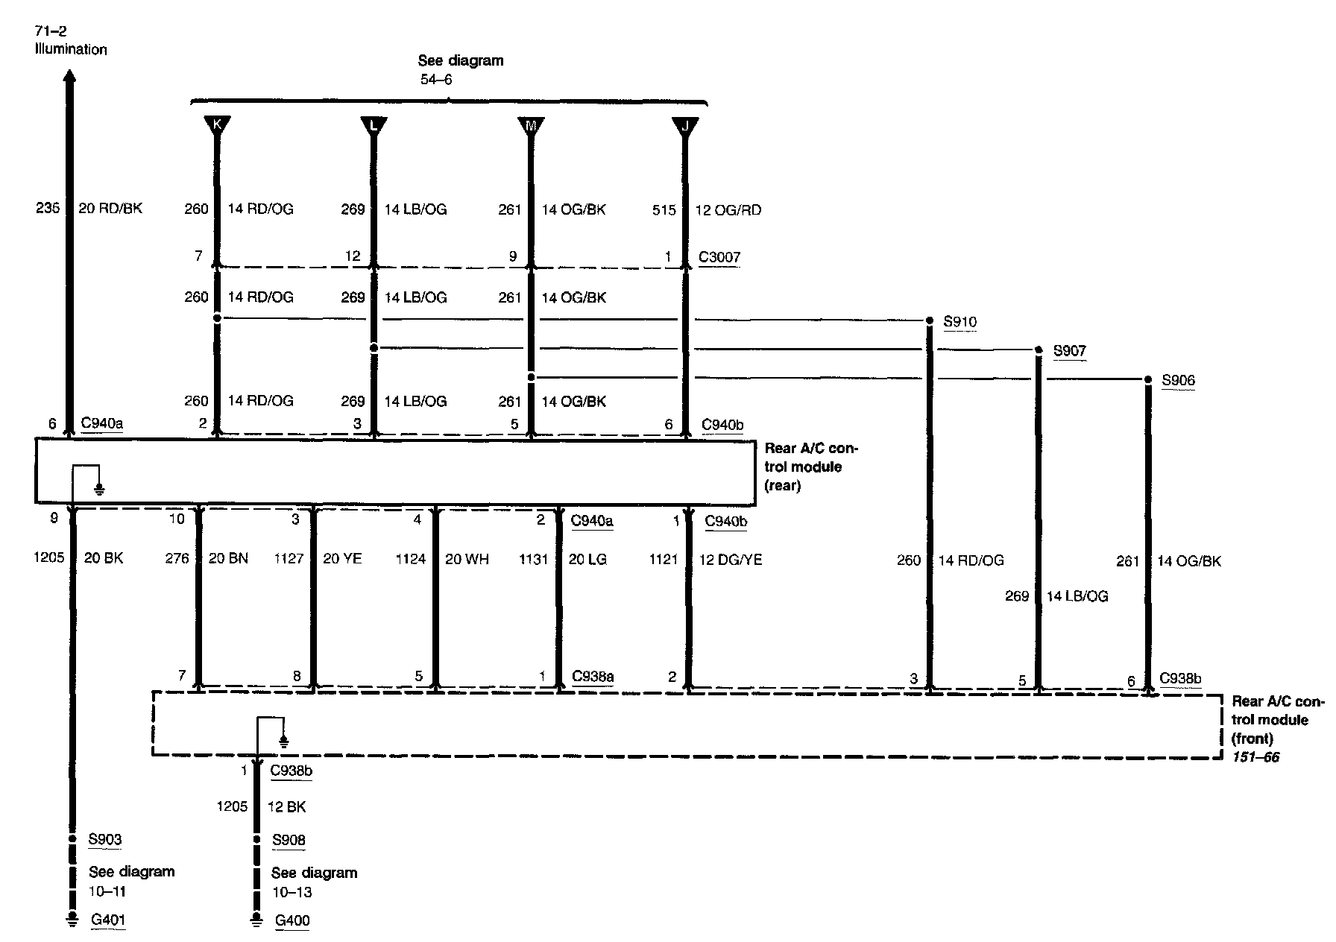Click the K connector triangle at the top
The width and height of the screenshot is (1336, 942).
point(217,124)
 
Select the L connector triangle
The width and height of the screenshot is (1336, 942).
point(374,124)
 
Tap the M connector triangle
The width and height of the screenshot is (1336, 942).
point(531,124)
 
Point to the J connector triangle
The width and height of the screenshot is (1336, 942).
point(685,124)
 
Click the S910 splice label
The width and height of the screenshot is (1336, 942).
point(960,322)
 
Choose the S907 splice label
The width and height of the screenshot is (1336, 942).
point(1070,351)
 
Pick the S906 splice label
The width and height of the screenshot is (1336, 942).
point(1179,381)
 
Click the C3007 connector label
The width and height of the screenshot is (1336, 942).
point(719,258)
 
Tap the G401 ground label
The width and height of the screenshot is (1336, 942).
point(108,920)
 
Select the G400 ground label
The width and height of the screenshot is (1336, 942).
point(292,920)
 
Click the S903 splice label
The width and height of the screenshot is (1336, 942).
point(105,839)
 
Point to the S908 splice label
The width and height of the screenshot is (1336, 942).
point(289,840)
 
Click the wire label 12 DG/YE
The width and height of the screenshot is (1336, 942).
point(731,559)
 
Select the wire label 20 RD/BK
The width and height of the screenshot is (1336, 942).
point(110,209)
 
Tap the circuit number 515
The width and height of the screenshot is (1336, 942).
point(664,210)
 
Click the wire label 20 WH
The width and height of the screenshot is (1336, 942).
point(467,559)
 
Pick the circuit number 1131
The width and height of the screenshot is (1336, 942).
point(534,559)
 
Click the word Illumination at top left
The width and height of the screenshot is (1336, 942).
point(71,50)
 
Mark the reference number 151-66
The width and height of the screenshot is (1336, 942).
point(1255,758)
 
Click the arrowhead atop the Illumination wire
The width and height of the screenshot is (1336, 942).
point(69,77)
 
